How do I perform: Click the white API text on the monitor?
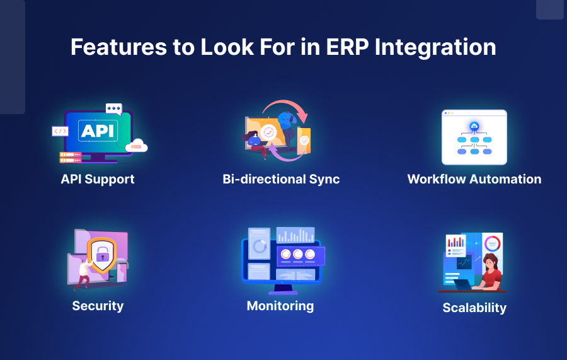[98, 131]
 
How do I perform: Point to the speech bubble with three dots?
[113, 109]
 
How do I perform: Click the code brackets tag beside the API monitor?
[60, 131]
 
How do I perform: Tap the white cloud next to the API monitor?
[137, 146]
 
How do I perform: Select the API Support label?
[98, 179]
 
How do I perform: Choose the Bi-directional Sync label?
[281, 179]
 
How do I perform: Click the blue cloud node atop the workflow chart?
[474, 127]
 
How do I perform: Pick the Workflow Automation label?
[474, 179]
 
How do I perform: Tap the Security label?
[98, 306]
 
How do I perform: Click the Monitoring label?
[280, 306]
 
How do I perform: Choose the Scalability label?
[474, 308]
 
